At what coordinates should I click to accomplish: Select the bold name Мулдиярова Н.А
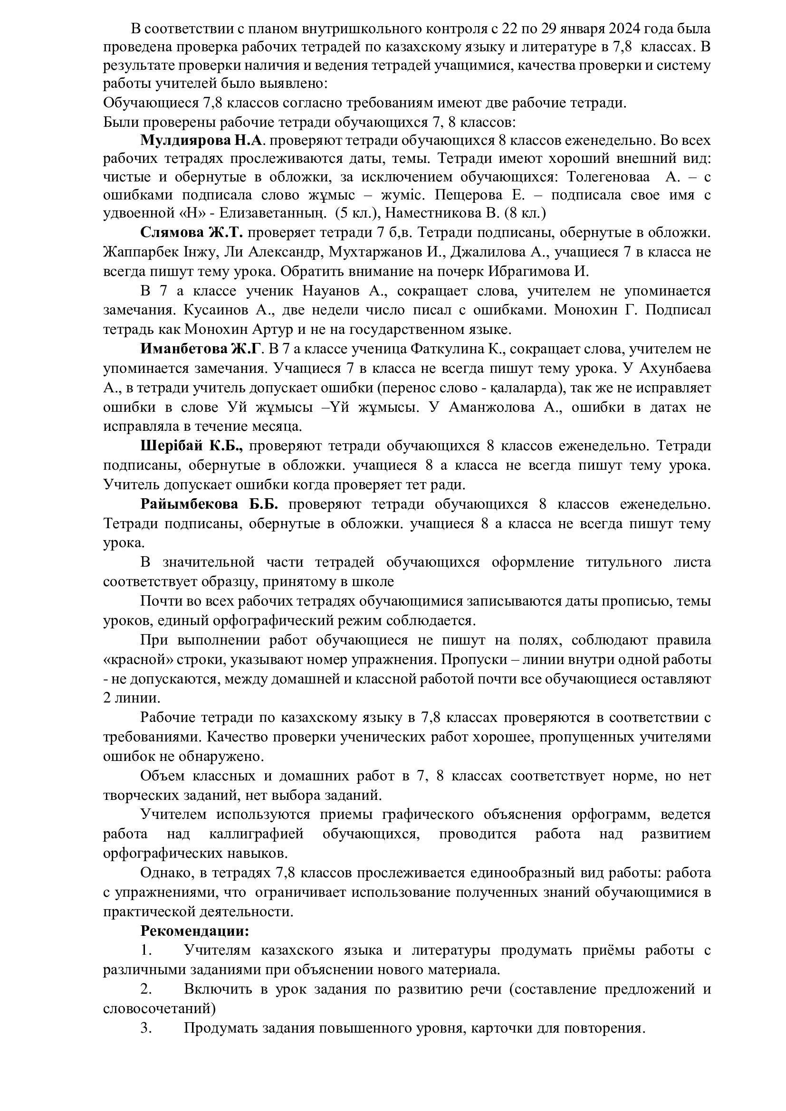click(201, 140)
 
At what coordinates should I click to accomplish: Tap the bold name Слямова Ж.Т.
click(192, 233)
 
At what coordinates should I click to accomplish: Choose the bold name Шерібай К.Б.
click(191, 446)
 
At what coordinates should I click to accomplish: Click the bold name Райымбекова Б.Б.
click(209, 504)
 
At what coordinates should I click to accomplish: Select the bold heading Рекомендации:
click(194, 931)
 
